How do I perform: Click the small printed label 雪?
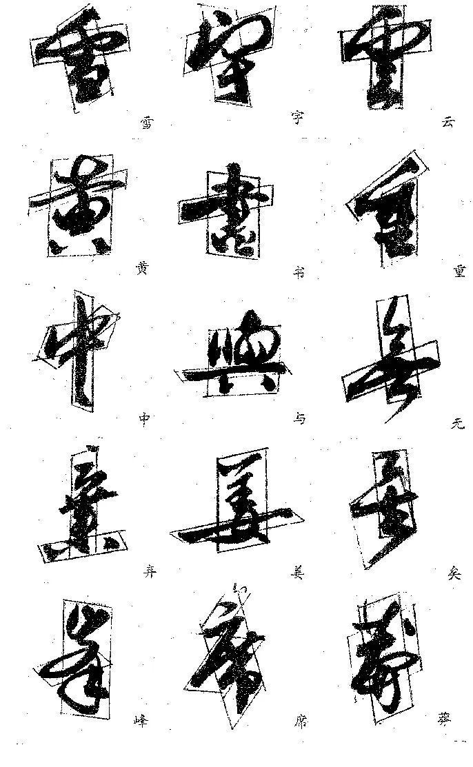click(145, 123)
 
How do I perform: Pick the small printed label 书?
click(298, 271)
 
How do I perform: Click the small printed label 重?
click(459, 271)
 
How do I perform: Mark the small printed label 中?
click(143, 419)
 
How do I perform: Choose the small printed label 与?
click(298, 419)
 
